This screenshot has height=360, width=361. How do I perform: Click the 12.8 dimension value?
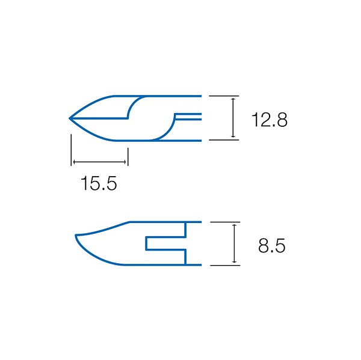pyautogui.click(x=270, y=120)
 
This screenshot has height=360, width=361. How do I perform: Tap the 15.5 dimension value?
pyautogui.click(x=99, y=183)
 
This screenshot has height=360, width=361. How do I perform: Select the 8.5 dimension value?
pyautogui.click(x=272, y=246)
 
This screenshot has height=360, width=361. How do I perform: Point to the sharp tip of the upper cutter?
pyautogui.click(x=70, y=118)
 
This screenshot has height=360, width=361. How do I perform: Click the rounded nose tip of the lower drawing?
pyautogui.click(x=76, y=235)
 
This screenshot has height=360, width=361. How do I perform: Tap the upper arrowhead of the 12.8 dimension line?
pyautogui.click(x=233, y=99)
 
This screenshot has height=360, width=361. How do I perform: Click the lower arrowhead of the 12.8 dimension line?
pyautogui.click(x=233, y=136)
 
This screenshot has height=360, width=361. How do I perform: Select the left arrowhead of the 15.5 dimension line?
pyautogui.click(x=73, y=162)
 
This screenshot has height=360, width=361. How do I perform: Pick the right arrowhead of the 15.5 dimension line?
pyautogui.click(x=125, y=162)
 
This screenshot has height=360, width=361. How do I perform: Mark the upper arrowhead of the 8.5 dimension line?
pyautogui.click(x=235, y=226)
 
